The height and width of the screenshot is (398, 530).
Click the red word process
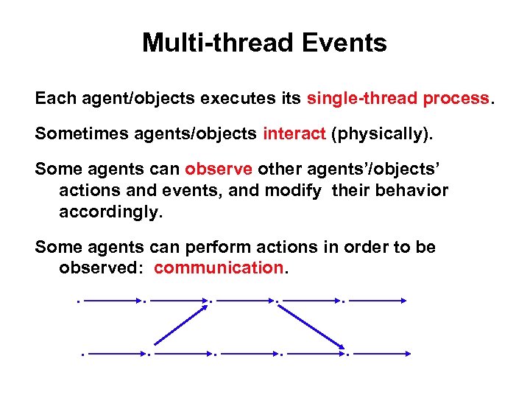456,98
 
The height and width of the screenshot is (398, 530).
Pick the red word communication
219,268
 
